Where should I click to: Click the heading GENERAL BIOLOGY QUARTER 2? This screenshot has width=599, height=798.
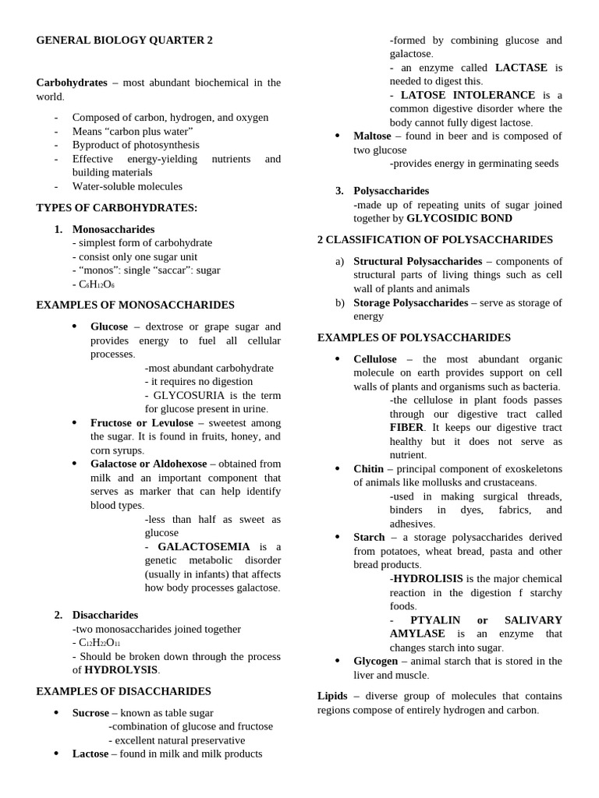click(124, 41)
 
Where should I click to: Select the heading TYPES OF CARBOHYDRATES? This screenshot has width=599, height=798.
click(117, 207)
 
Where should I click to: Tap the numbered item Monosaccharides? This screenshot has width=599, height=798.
click(113, 229)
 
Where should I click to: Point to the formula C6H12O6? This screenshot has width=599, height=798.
click(96, 284)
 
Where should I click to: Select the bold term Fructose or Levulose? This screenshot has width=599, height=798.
click(141, 422)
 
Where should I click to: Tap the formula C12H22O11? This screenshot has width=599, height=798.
click(99, 643)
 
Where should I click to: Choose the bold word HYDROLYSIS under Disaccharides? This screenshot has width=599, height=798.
click(121, 670)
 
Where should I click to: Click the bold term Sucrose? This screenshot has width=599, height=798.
click(90, 712)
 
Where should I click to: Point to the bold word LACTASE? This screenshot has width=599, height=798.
click(521, 68)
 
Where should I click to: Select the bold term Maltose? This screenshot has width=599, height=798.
click(372, 136)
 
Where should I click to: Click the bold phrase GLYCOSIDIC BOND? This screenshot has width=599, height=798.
click(459, 219)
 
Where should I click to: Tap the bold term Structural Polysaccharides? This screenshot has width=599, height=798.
click(417, 261)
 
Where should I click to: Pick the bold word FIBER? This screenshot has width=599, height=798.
click(407, 428)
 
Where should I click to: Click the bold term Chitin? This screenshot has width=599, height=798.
click(368, 469)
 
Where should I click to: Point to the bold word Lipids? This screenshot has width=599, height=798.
click(332, 696)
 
